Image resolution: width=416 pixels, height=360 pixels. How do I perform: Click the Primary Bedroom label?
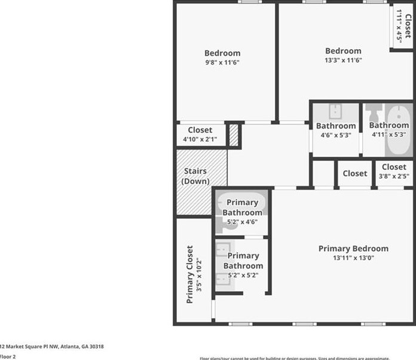[353, 249]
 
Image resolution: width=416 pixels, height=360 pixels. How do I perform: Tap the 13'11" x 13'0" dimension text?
[353, 258]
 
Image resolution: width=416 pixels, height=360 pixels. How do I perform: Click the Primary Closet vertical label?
[189, 274]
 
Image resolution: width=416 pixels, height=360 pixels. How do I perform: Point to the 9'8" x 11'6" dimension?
[222, 62]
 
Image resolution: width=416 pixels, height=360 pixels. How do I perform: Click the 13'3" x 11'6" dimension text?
[343, 60]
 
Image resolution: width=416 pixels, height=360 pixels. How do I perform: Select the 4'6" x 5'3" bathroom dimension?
[336, 135]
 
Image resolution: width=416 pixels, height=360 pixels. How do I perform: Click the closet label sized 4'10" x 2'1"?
[200, 130]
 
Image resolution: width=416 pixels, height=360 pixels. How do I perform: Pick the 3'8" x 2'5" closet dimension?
[394, 176]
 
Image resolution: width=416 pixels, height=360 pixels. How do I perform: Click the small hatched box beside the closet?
[234, 135]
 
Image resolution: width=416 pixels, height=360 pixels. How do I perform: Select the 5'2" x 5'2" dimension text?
[243, 276]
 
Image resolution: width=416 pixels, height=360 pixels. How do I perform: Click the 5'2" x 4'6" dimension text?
[243, 222]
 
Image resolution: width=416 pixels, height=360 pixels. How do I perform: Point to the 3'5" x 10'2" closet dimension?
[200, 274]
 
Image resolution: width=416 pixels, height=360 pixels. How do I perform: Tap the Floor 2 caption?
[8, 356]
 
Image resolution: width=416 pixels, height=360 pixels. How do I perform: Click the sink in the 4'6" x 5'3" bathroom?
[335, 111]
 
